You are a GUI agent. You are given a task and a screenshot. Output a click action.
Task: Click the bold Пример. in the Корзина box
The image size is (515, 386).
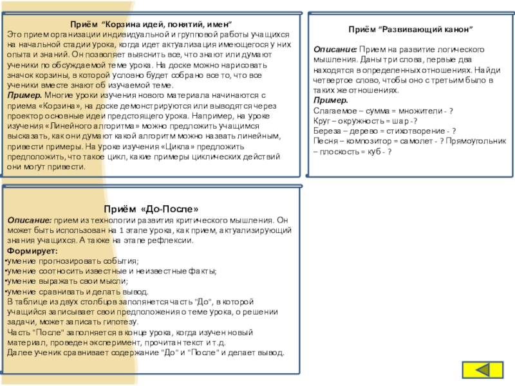[x=24, y=95]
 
